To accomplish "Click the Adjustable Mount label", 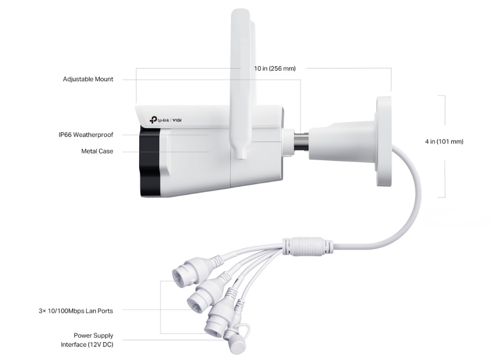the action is pyautogui.click(x=88, y=79).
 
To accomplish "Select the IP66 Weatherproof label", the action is pyautogui.click(x=86, y=135).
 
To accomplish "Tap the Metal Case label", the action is pyautogui.click(x=97, y=151).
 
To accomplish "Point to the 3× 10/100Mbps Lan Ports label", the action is pyautogui.click(x=76, y=311).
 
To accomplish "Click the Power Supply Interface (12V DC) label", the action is pyautogui.click(x=87, y=340).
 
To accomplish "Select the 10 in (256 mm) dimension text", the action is pyautogui.click(x=275, y=69).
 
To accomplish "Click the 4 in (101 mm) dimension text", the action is pyautogui.click(x=444, y=142).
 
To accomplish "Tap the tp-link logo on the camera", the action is pyautogui.click(x=159, y=120).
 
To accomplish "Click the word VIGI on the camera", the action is pyautogui.click(x=177, y=120).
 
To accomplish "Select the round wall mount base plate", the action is pyautogui.click(x=384, y=142).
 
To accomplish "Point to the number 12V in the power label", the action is pyautogui.click(x=95, y=344).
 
